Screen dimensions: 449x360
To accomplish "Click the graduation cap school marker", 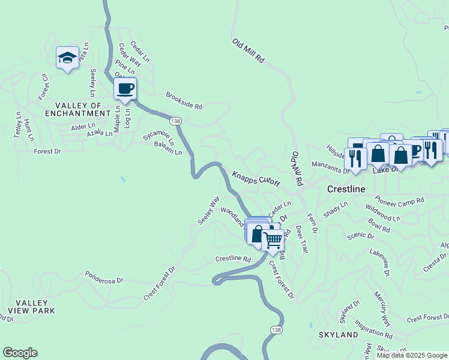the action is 67,58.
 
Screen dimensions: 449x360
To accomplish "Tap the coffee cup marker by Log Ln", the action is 125,89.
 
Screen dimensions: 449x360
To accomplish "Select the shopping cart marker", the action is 273,240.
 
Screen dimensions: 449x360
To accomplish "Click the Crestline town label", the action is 346,188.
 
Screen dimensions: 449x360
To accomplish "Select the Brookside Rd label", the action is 184,101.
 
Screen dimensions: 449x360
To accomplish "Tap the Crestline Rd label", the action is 233,259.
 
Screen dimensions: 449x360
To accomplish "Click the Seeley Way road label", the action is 209,210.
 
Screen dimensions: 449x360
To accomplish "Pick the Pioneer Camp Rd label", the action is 399,200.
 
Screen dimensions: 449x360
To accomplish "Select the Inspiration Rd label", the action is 373,329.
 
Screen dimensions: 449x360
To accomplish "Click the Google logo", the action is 20,353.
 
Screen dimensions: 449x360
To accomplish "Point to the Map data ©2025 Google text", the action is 411,355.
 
